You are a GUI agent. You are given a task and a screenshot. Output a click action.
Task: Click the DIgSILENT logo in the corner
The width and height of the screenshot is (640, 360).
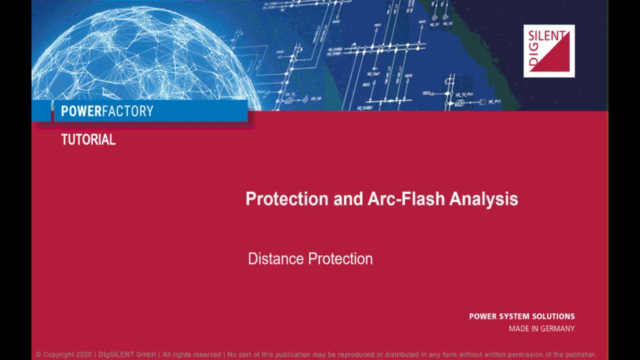(x=548, y=51)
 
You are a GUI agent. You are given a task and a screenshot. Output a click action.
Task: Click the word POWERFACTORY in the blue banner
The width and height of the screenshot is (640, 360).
(x=107, y=111)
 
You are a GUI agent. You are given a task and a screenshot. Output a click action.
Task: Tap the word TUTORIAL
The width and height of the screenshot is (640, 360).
(x=88, y=140)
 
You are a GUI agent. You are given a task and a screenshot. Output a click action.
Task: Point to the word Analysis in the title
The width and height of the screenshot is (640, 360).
(x=483, y=199)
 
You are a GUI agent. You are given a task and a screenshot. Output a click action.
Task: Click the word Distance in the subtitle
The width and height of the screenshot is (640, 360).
(x=276, y=259)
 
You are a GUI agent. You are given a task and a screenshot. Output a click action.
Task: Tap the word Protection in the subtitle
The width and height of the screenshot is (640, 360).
(x=340, y=259)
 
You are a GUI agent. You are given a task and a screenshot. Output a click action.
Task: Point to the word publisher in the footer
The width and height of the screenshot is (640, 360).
(x=579, y=354)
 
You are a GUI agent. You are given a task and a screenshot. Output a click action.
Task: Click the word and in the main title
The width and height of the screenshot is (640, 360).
(x=347, y=199)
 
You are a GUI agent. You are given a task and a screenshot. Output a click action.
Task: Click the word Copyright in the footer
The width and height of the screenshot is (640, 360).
(x=58, y=354)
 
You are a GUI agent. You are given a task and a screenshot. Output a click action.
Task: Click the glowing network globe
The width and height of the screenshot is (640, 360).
(x=145, y=60)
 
